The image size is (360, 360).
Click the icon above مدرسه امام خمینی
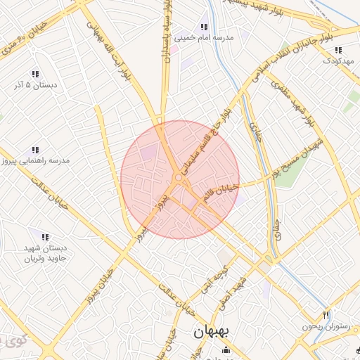tap(205, 27)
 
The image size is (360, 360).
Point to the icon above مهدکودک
tap(338, 50)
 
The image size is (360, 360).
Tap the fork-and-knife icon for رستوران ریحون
tap(325, 314)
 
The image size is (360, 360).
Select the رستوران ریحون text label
tap(326, 326)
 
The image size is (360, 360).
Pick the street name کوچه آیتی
tap(224, 276)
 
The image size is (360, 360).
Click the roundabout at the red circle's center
tap(179, 179)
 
